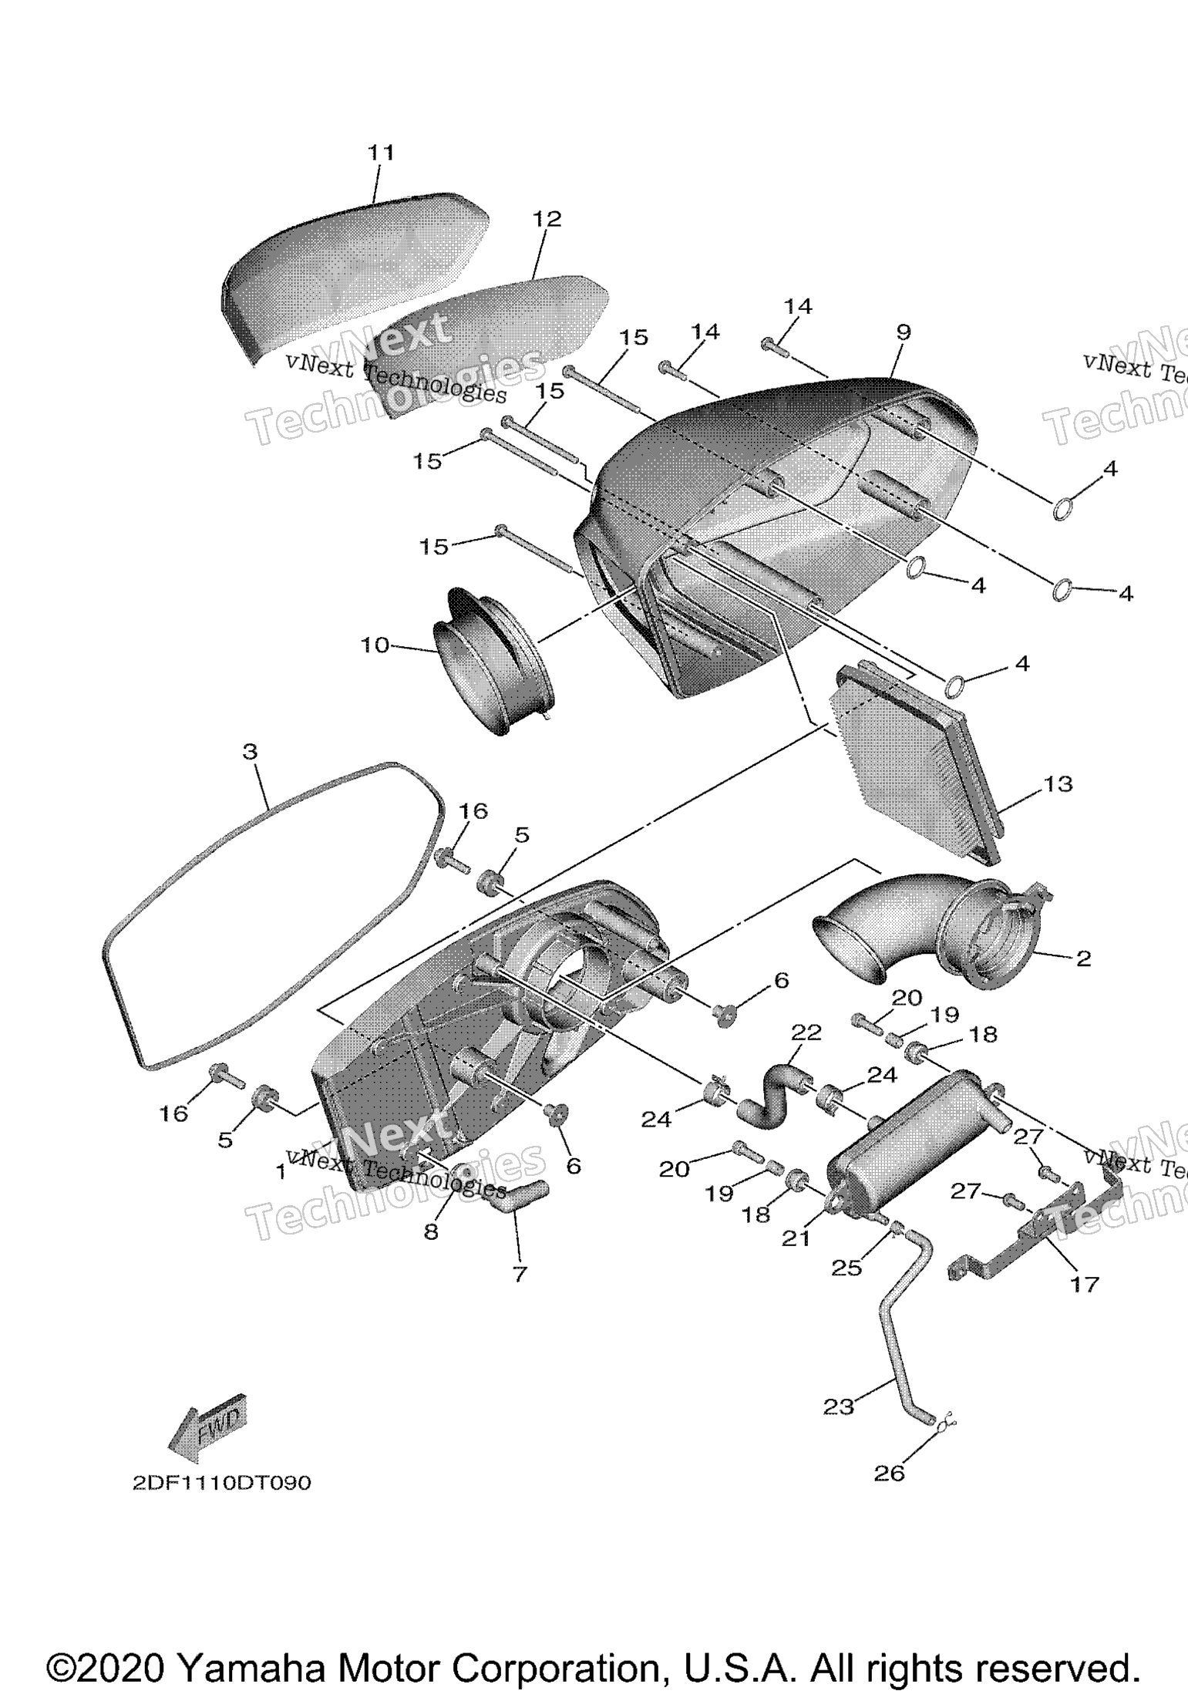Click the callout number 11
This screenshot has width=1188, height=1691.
click(380, 153)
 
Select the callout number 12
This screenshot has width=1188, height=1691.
click(547, 219)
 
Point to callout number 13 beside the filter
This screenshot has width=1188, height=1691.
click(1058, 784)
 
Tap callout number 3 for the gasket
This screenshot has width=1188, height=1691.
click(250, 751)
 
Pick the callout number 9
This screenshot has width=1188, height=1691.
click(904, 332)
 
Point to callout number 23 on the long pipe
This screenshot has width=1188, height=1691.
click(839, 1407)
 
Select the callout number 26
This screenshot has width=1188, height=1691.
click(888, 1474)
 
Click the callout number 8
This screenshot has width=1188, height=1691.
click(431, 1231)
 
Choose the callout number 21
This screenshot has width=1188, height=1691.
click(796, 1238)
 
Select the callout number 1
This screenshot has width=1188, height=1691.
click(281, 1172)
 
